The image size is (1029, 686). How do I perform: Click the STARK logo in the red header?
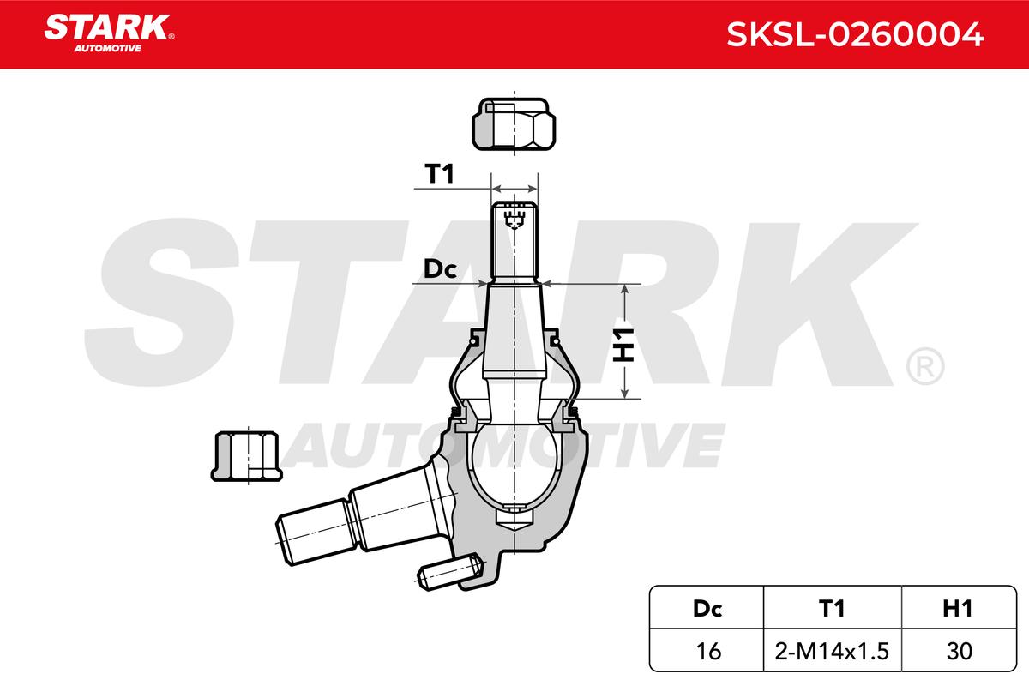point(109,33)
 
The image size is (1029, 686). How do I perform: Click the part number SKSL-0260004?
point(855,34)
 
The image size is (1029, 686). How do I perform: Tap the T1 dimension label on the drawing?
point(439,174)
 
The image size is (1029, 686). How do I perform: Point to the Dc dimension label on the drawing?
point(440,269)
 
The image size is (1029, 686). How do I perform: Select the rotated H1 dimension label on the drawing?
point(624,345)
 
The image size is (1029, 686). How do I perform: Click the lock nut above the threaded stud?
point(514,123)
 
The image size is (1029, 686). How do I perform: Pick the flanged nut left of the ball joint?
point(247,456)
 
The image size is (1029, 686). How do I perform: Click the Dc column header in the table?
point(707,609)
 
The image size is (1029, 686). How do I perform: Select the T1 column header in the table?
point(832,609)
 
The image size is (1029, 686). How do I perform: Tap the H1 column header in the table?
point(958,609)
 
